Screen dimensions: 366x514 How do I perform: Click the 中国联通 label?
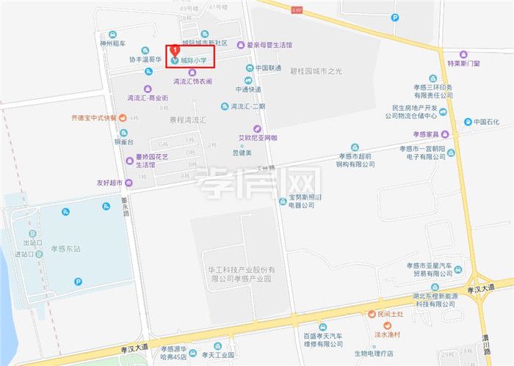pyautogui.click(x=268, y=68)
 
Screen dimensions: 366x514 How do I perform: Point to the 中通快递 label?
pyautogui.click(x=248, y=89)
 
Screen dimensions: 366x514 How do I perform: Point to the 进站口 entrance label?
pyautogui.click(x=35, y=255)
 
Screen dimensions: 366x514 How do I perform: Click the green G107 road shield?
pyautogui.click(x=296, y=10)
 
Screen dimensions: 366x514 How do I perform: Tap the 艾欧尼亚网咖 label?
pyautogui.click(x=258, y=137)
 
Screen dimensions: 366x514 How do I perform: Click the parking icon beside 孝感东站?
pyautogui.click(x=78, y=281)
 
